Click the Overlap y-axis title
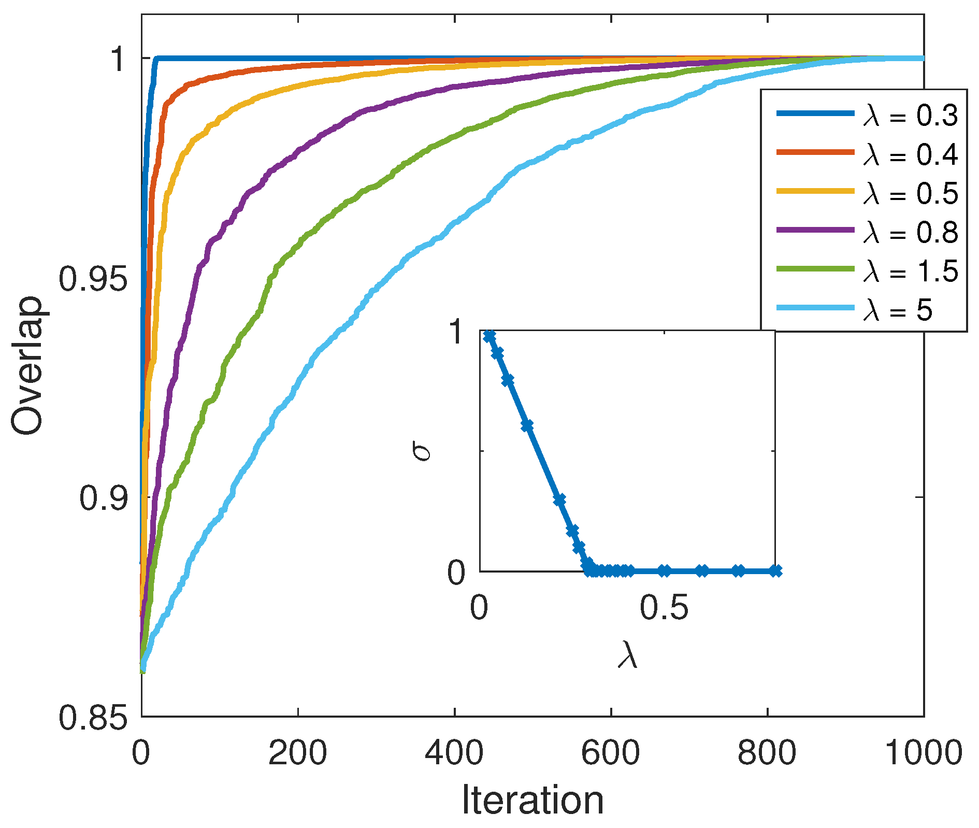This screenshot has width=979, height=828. pos(27,366)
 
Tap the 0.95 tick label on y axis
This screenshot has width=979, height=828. pos(92,279)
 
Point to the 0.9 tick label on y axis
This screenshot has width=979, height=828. pos(103,498)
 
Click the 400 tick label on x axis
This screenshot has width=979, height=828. pos(454,752)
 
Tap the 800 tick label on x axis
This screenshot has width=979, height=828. pos(767,752)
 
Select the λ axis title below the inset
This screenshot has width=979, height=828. pos(627,655)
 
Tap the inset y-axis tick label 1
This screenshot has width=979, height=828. pos(457,332)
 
